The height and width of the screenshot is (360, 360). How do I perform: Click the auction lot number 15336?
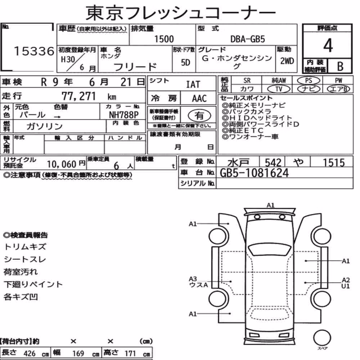pyautogui.click(x=34, y=51)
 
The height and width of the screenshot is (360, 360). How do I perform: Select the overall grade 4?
pyautogui.click(x=328, y=45)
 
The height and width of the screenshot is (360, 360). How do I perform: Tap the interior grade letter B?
pyautogui.click(x=340, y=66)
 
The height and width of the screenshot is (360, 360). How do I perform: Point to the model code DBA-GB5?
pyautogui.click(x=248, y=39)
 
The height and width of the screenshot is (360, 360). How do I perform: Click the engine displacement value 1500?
pyautogui.click(x=164, y=39)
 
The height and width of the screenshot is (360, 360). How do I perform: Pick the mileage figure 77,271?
pyautogui.click(x=78, y=96)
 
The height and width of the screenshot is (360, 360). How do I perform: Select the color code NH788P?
pyautogui.click(x=123, y=114)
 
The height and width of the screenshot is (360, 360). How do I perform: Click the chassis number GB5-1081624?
pyautogui.click(x=254, y=173)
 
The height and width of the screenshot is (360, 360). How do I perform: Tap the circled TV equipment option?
pyautogui.click(x=279, y=89)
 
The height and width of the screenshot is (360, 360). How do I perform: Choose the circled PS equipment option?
pyautogui.click(x=309, y=81)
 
